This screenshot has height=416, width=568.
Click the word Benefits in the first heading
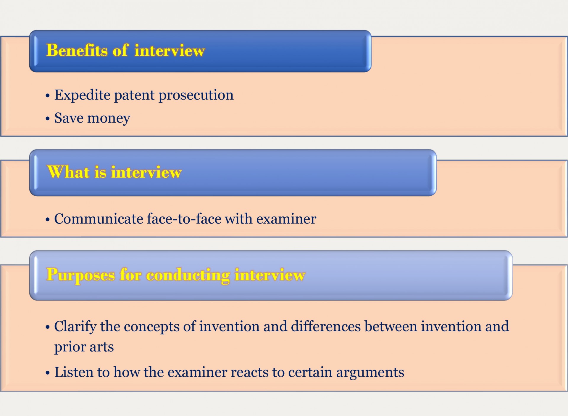77,50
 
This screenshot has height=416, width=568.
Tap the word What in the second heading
68,172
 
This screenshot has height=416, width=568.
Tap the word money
109,118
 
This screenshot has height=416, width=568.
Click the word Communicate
99,219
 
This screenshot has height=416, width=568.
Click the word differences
326,326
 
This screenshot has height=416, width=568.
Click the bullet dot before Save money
48,119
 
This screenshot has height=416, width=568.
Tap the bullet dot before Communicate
48,220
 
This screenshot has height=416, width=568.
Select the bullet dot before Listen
48,373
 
